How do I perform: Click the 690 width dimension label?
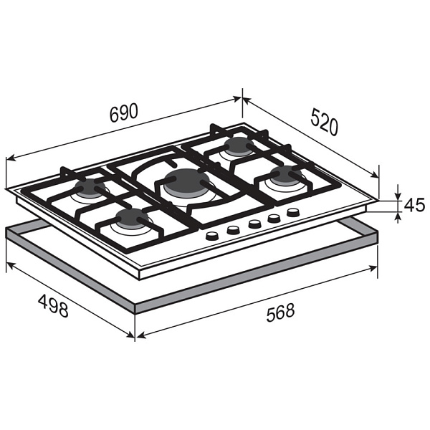124,113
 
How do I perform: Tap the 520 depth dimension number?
325,122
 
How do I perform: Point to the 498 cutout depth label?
53,305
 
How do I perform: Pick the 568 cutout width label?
280,312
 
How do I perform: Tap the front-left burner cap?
132,217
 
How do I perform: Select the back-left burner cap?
90,186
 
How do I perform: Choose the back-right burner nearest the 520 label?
239,145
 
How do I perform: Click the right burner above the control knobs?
286,174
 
